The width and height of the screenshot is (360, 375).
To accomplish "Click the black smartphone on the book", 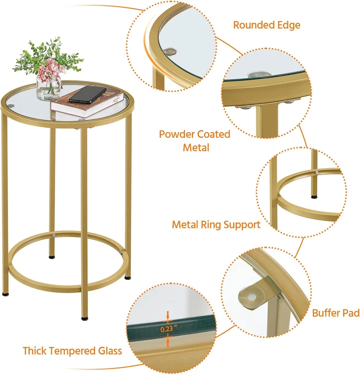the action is [x=87, y=95].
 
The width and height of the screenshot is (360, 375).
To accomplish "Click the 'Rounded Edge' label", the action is [x=267, y=25].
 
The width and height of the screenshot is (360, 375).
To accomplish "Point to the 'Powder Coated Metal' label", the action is [x=195, y=141].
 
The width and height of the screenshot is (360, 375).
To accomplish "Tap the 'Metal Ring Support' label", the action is [x=216, y=225].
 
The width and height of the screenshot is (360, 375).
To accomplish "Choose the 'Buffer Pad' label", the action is [x=336, y=313].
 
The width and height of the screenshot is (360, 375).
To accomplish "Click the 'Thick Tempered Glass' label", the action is [x=72, y=351].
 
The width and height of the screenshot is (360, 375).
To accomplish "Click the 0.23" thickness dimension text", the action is [x=169, y=329].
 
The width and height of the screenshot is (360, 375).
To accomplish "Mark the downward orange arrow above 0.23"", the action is [x=168, y=316].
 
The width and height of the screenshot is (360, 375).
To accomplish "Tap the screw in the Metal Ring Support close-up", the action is [x=317, y=172].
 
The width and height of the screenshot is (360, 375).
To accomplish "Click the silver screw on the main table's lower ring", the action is [x=55, y=235].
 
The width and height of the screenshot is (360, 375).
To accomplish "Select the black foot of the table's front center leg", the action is [x=85, y=318].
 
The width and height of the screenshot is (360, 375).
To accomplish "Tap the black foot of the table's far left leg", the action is [x=5, y=294].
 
